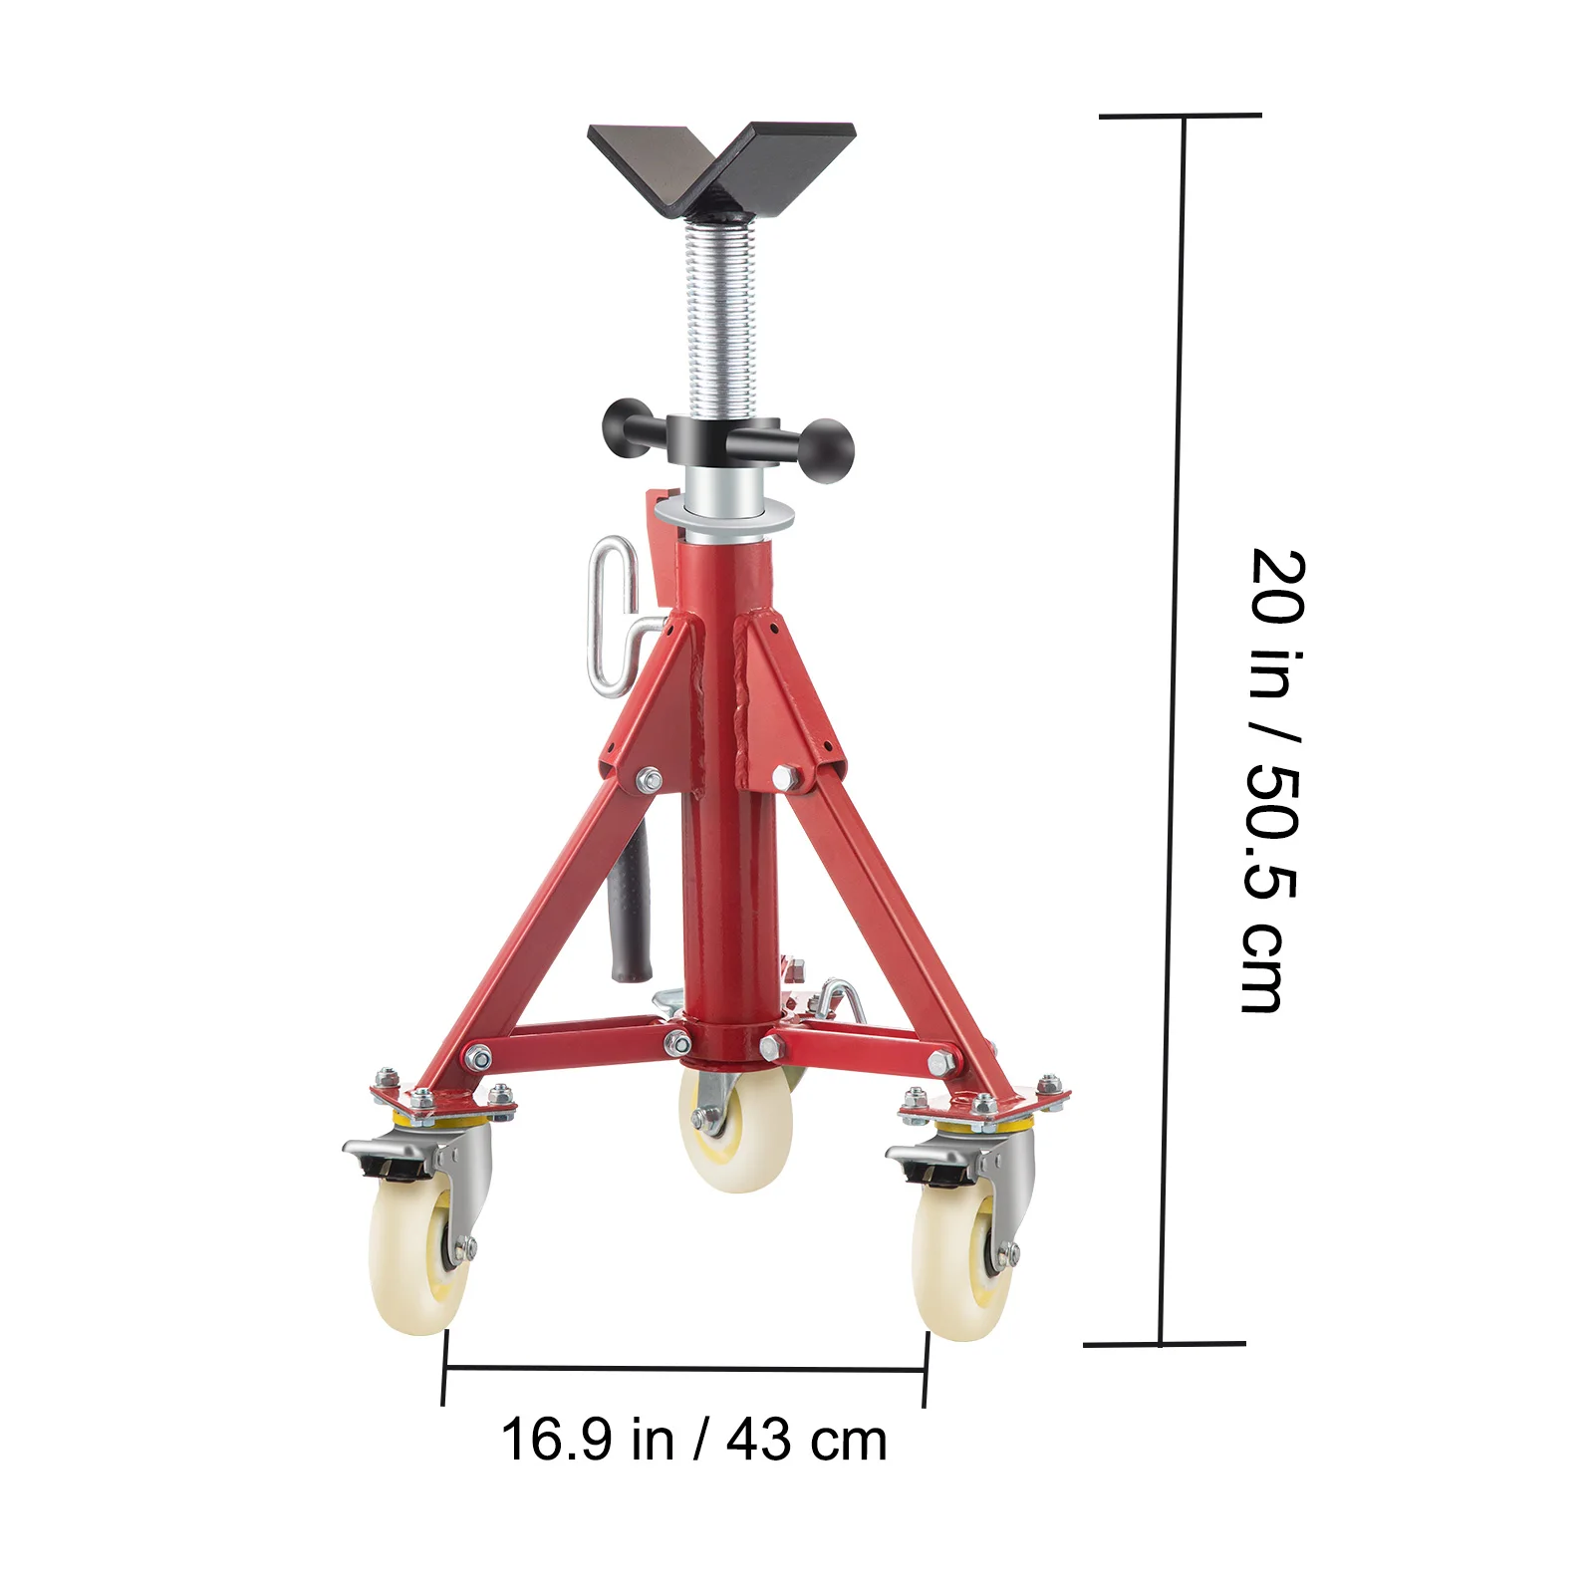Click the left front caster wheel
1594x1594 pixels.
click(419, 1260)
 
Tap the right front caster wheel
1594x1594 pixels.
click(961, 1265)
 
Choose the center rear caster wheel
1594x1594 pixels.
click(737, 1131)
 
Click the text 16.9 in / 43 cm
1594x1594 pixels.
click(693, 1441)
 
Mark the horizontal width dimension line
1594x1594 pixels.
click(685, 1370)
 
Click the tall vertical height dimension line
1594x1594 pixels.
click(1173, 727)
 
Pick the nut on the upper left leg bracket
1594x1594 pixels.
click(650, 779)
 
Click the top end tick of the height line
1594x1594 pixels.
click(1181, 117)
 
